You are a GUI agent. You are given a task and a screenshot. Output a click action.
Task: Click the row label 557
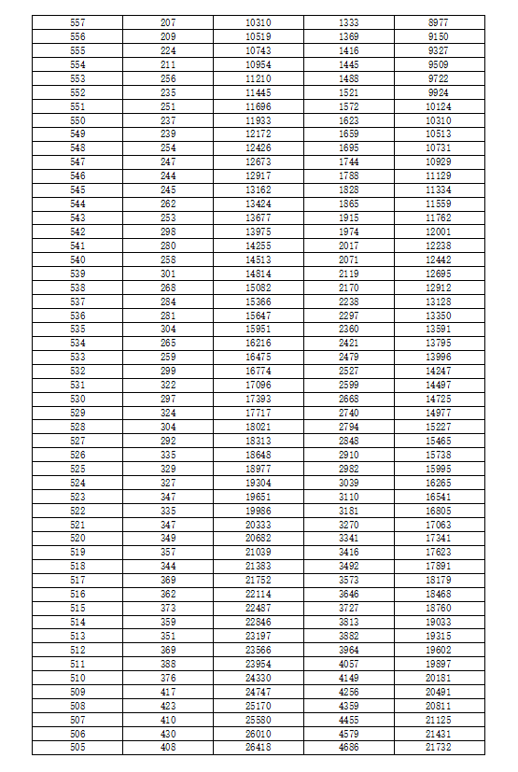(x=77, y=21)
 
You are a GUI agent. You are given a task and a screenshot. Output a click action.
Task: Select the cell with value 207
(x=168, y=21)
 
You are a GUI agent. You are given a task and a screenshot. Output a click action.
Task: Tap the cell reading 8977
(x=438, y=21)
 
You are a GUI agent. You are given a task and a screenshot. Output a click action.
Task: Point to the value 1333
(x=349, y=21)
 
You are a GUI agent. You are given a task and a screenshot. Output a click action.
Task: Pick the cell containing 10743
(x=259, y=49)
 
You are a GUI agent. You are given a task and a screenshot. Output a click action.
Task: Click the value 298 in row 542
(x=168, y=232)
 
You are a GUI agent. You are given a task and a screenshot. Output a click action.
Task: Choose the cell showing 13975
(x=259, y=232)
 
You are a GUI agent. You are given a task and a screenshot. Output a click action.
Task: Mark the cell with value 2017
(x=349, y=246)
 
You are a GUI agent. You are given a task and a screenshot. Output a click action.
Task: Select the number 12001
(x=438, y=232)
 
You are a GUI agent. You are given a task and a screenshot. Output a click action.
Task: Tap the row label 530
(x=77, y=399)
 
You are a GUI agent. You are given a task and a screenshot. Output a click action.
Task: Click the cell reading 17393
(x=259, y=399)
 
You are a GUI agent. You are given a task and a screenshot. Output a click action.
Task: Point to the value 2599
(x=349, y=385)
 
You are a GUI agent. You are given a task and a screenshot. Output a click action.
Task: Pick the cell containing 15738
(x=438, y=455)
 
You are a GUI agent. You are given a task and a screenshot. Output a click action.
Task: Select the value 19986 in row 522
(x=259, y=511)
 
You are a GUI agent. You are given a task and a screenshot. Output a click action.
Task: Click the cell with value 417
(x=168, y=692)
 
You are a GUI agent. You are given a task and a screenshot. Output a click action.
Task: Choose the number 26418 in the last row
(x=259, y=748)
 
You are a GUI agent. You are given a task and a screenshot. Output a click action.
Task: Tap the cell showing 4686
(x=349, y=748)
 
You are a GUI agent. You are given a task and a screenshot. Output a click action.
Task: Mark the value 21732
(x=438, y=748)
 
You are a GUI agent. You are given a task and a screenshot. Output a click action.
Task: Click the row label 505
(x=77, y=748)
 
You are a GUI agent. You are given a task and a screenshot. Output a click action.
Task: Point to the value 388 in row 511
(x=168, y=664)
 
